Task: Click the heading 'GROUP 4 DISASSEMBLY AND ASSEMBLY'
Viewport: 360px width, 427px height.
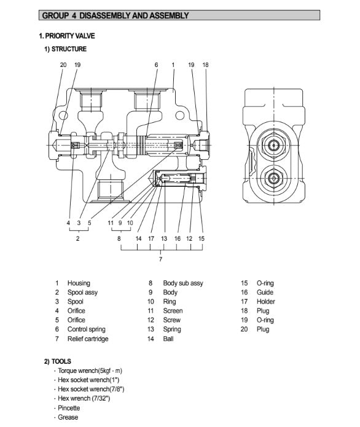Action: click(115, 15)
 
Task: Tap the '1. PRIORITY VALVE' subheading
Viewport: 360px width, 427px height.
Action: click(67, 36)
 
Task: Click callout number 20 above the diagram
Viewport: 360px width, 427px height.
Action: click(63, 65)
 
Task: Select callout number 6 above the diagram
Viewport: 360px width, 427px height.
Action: click(156, 65)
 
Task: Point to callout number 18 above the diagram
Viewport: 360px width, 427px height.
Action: click(205, 65)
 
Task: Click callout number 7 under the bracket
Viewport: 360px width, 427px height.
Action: click(161, 259)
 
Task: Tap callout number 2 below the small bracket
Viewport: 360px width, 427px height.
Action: click(78, 238)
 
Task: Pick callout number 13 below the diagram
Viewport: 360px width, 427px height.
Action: click(164, 238)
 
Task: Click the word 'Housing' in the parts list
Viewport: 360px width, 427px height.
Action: click(79, 283)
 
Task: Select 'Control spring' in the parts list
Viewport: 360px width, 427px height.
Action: click(87, 329)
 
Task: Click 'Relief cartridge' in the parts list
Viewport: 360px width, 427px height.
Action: click(88, 339)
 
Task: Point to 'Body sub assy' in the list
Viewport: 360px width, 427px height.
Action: click(183, 283)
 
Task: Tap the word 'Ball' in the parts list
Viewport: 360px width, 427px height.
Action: click(168, 339)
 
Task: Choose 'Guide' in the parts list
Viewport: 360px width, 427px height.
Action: click(265, 292)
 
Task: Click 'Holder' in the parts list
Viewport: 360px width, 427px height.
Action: click(266, 302)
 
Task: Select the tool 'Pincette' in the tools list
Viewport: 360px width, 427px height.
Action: click(69, 408)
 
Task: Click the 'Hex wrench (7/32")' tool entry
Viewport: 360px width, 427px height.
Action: click(84, 398)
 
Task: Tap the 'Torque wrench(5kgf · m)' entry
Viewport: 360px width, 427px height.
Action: click(90, 370)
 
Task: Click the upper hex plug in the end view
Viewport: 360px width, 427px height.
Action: click(273, 145)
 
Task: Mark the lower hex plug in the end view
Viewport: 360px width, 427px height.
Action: click(273, 178)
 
